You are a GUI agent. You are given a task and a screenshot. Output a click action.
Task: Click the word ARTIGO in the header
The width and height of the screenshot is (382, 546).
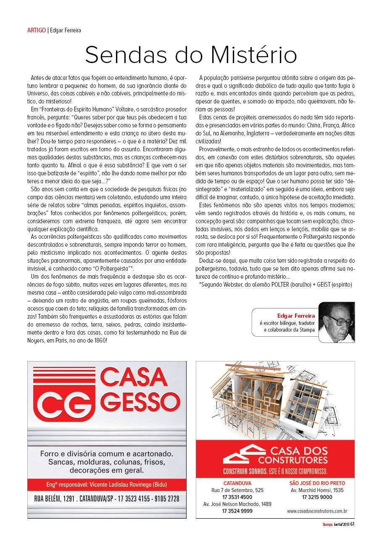click(x=36, y=30)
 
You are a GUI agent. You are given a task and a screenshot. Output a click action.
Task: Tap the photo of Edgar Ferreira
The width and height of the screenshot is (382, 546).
click(x=337, y=321)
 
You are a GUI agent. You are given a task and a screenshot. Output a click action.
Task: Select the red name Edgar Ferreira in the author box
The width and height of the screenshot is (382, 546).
click(x=297, y=315)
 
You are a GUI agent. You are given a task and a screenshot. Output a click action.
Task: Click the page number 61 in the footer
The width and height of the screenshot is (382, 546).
click(x=352, y=524)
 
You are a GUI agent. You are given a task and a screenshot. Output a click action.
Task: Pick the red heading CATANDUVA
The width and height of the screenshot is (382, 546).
click(x=237, y=483)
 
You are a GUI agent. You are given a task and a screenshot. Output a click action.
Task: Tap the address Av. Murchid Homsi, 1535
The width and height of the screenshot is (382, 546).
click(x=317, y=490)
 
